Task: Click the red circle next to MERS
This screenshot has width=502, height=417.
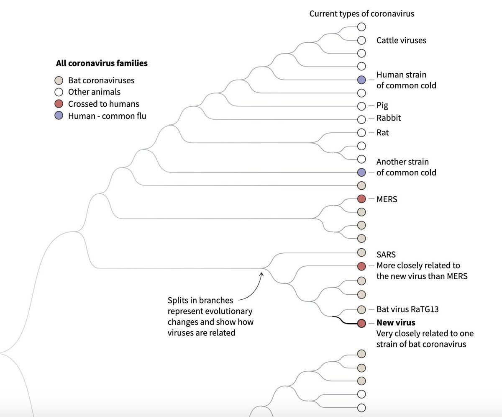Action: (x=361, y=198)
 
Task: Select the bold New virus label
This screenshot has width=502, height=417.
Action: (x=396, y=323)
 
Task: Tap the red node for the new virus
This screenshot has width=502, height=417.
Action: (x=361, y=323)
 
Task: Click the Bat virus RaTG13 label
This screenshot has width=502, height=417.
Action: (x=407, y=309)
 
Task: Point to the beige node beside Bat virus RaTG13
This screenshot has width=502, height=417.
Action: (x=361, y=310)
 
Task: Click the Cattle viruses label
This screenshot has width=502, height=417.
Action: (x=401, y=40)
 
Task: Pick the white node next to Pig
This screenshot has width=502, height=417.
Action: (x=361, y=106)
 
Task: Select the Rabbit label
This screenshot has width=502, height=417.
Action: (x=389, y=118)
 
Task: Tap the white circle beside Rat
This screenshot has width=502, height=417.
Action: (x=361, y=132)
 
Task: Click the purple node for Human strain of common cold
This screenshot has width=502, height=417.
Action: (x=361, y=80)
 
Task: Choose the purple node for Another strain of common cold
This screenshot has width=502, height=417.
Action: (x=361, y=172)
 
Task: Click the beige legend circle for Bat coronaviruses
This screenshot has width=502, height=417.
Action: (x=59, y=80)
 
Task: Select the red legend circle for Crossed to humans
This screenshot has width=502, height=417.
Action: (x=59, y=104)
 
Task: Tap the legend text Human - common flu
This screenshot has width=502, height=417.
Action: (x=107, y=116)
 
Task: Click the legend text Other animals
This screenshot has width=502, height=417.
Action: (x=94, y=92)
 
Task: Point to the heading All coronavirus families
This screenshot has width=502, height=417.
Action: (x=102, y=64)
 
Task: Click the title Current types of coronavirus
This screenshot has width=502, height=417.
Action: (x=361, y=14)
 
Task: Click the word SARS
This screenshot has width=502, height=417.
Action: (x=386, y=255)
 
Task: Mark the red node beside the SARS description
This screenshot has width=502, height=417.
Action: (x=361, y=266)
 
